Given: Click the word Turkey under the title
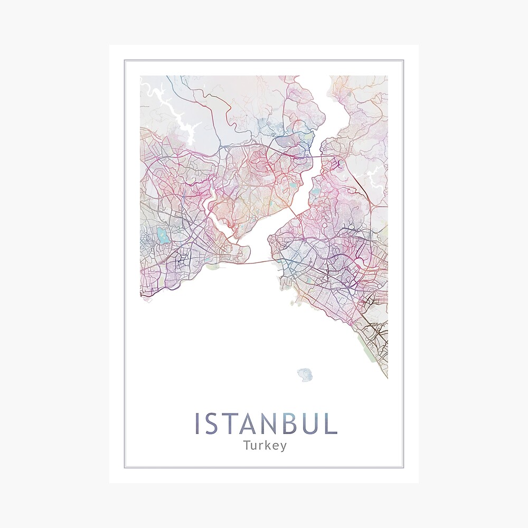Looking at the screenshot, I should point(265,445).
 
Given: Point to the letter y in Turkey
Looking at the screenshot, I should point(284,447).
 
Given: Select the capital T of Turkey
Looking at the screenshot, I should point(247,445).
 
